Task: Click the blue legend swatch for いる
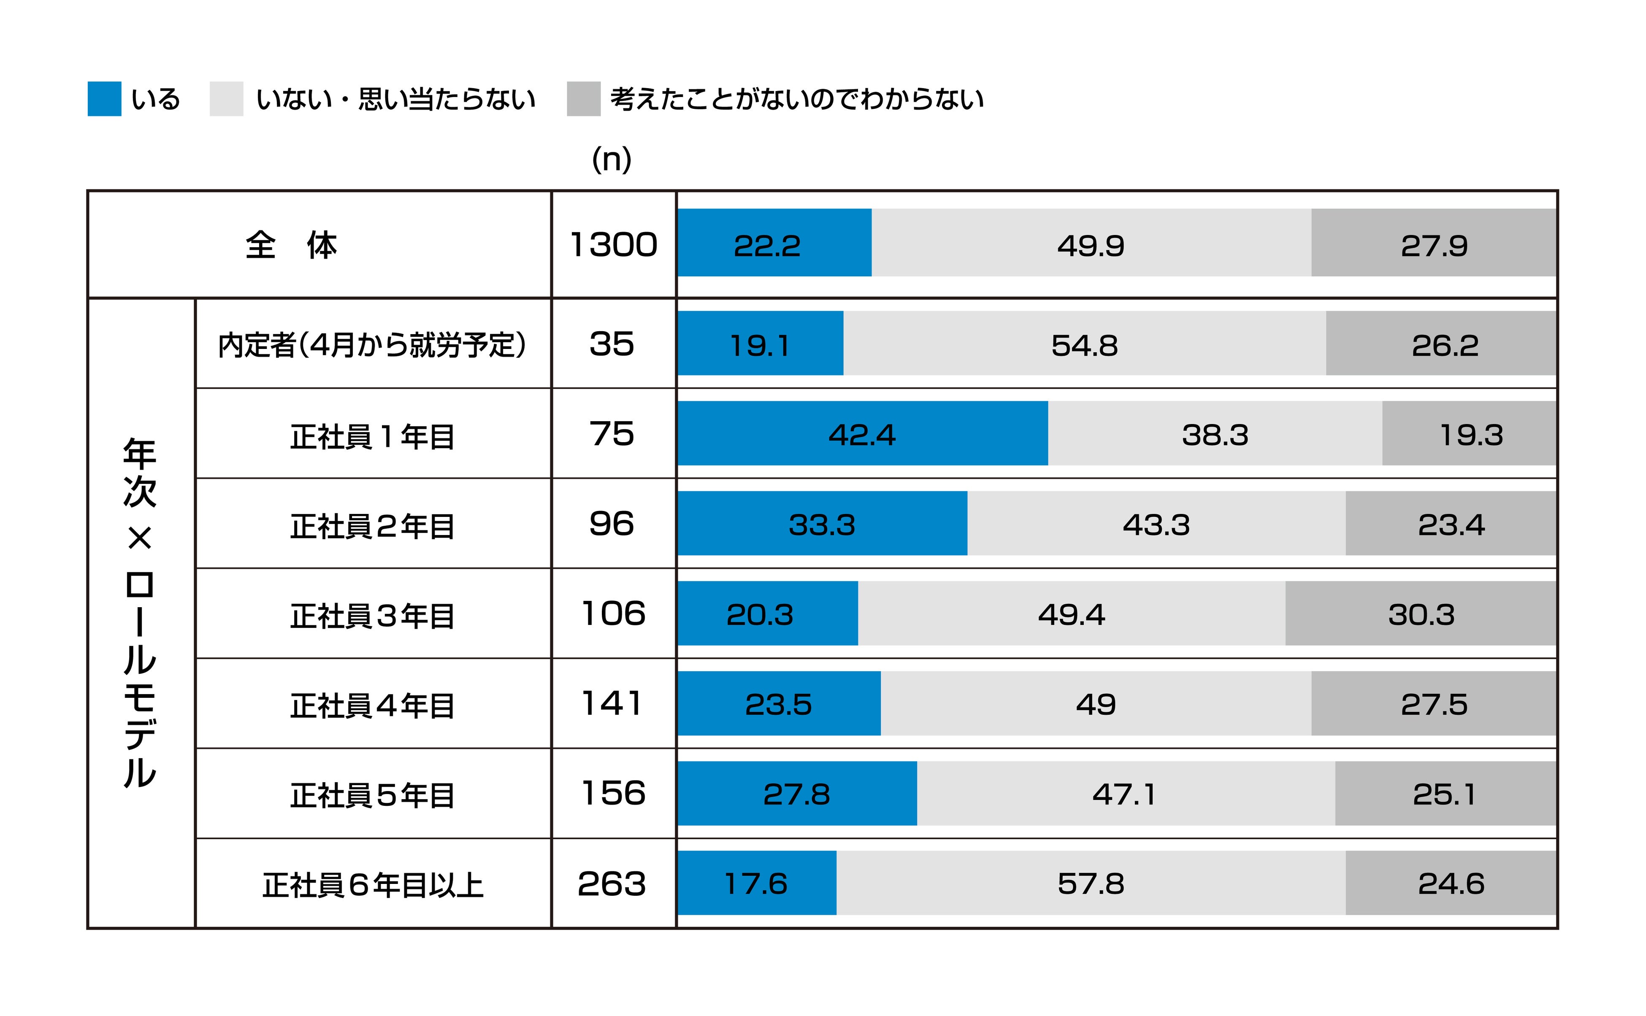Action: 104,99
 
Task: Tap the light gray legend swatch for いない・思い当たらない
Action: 227,99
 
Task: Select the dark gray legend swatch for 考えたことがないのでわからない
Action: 583,99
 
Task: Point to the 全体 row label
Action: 291,245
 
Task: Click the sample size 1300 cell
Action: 613,245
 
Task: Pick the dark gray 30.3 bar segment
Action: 1421,613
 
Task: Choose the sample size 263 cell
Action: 612,883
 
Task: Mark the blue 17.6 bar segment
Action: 757,883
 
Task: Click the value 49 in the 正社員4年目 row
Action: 1096,703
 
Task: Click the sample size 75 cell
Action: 612,433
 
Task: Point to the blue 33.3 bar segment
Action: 822,524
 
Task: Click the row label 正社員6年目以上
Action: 372,885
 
